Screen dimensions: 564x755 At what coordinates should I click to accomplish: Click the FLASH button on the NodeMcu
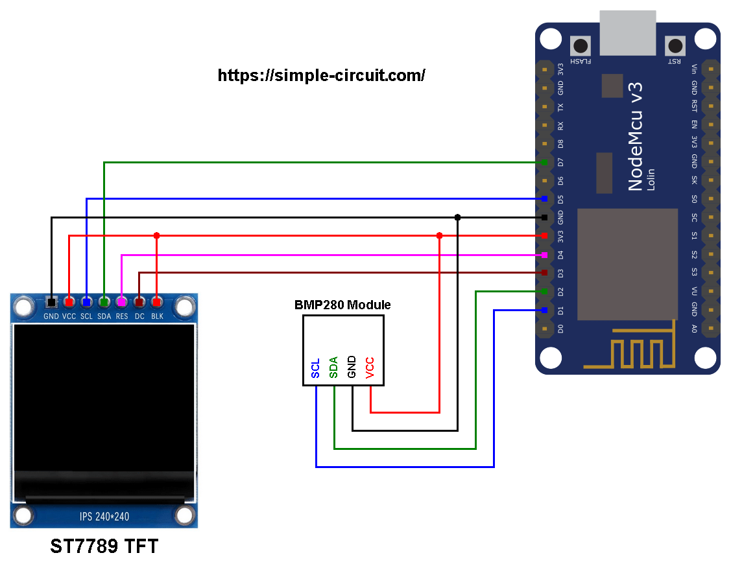coord(580,46)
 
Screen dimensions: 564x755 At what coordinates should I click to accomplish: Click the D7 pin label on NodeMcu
coord(561,161)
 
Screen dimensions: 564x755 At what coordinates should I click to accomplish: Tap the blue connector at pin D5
coord(544,198)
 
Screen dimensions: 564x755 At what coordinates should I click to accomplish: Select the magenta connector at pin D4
coord(544,255)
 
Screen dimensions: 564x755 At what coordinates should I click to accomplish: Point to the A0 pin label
coord(694,329)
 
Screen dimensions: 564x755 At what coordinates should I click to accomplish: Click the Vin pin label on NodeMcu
coord(694,69)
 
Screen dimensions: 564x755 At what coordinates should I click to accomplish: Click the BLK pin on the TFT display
coord(156,302)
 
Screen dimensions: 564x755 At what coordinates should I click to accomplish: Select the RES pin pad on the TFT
coord(121,302)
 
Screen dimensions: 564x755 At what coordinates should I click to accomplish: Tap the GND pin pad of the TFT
coord(51,302)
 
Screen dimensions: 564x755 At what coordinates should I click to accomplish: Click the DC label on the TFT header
coord(139,316)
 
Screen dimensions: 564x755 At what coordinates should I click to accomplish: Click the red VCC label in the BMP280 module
coord(370,367)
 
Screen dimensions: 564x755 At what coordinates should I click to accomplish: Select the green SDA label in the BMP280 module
coord(334,367)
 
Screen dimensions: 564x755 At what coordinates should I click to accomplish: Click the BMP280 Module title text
coord(342,305)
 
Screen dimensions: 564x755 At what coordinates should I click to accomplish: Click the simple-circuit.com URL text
coord(321,75)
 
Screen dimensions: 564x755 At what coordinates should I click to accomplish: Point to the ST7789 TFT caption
coord(104,546)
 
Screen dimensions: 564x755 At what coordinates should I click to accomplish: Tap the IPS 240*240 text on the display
coord(104,517)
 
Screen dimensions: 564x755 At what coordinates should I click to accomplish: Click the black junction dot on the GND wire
coord(457,217)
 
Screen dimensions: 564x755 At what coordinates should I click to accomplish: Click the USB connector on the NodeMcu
coord(627,32)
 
